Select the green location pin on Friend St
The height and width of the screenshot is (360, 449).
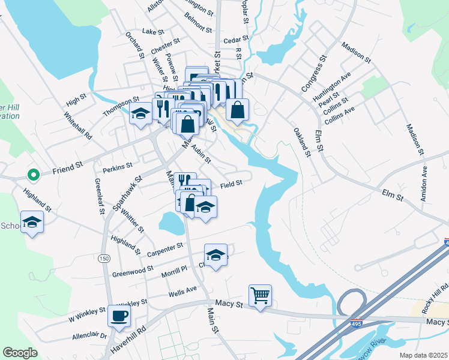pyautogui.click(x=34, y=175)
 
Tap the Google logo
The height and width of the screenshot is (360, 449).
pyautogui.click(x=20, y=353)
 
